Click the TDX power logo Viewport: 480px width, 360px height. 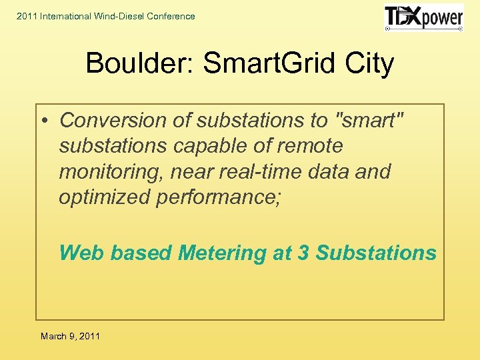coord(423,17)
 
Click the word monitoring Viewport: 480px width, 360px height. coord(111,172)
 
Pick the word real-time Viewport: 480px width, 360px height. coord(261,172)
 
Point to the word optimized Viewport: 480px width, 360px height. coord(104,197)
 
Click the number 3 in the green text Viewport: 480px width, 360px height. coord(303,253)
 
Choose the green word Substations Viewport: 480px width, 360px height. coord(376,253)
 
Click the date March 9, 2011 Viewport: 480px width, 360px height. coord(70,336)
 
